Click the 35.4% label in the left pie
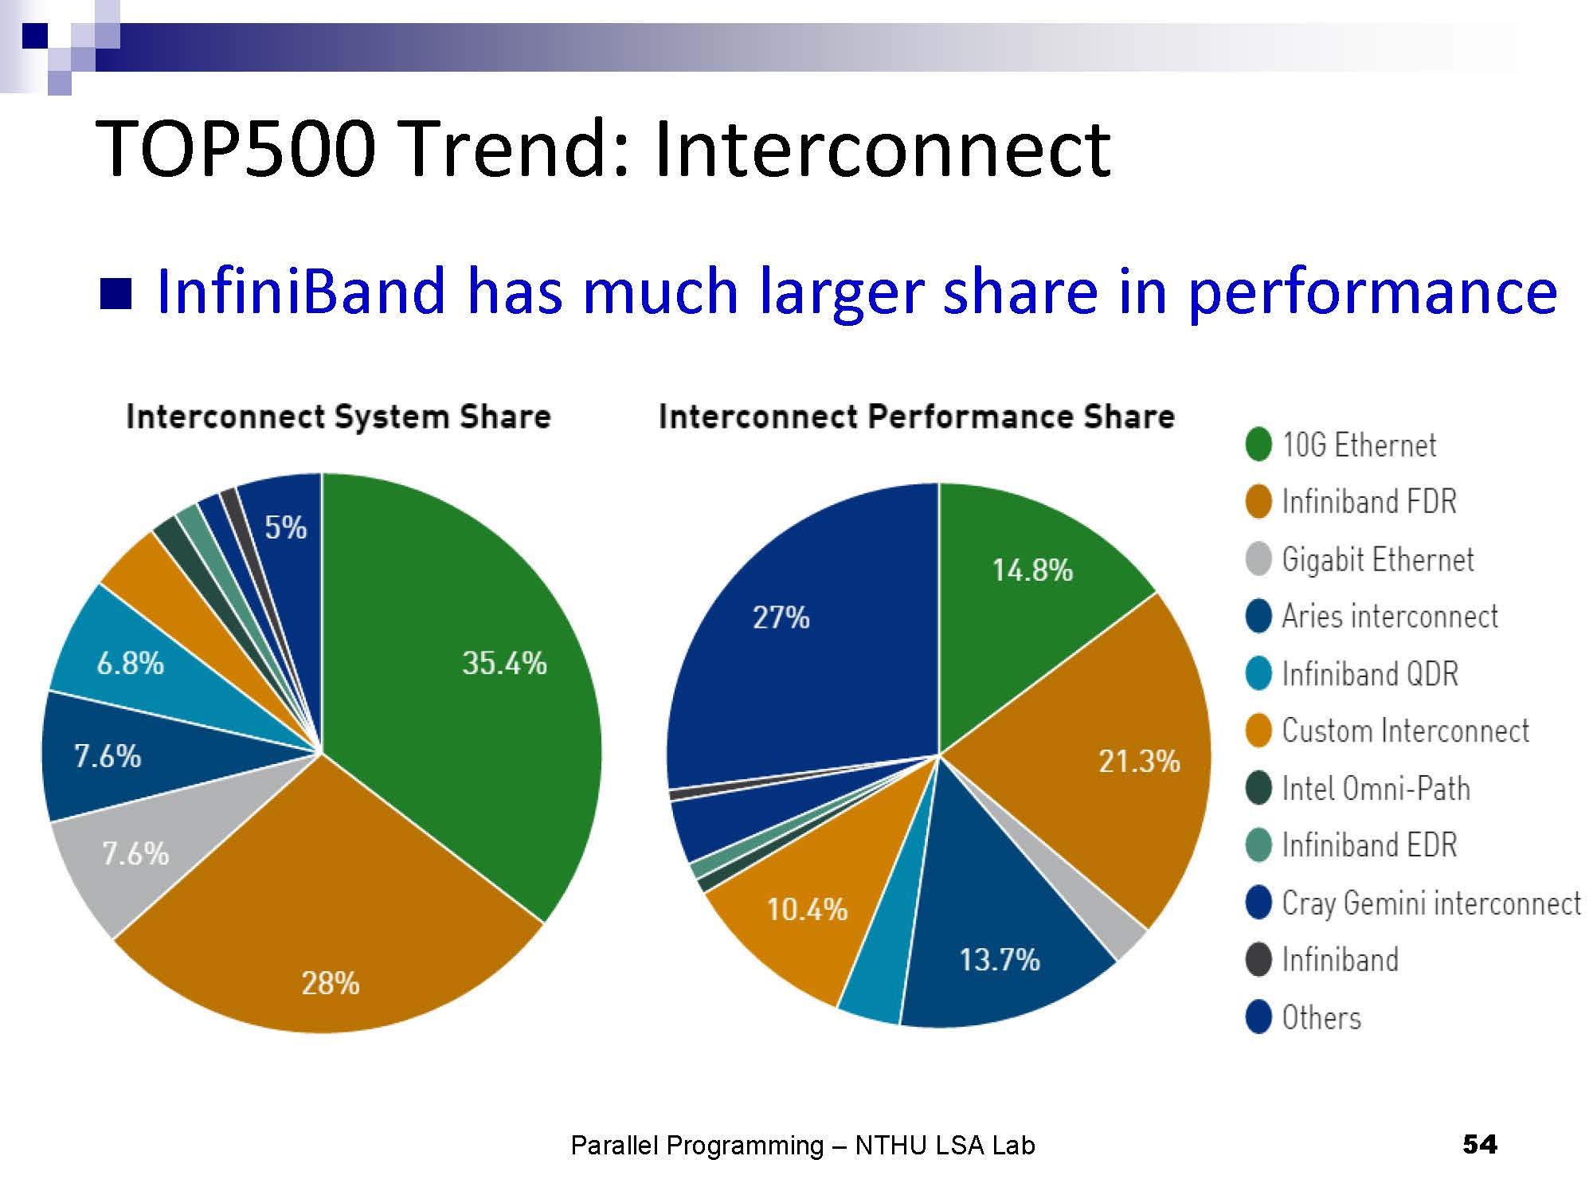point(504,663)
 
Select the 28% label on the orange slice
point(330,984)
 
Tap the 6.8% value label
point(130,663)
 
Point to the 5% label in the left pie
point(285,527)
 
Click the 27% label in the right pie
point(781,617)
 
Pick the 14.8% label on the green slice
point(1032,570)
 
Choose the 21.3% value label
point(1139,762)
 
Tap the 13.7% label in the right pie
point(1000,959)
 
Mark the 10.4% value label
point(807,909)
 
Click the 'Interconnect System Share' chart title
point(339,417)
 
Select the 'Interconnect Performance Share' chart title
point(917,417)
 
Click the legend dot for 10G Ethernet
point(1258,445)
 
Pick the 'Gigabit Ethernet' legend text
point(1378,559)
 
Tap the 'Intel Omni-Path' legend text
point(1376,789)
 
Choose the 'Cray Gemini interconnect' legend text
point(1431,903)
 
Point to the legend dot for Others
point(1258,1017)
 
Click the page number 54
point(1480,1145)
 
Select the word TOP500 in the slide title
point(235,149)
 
